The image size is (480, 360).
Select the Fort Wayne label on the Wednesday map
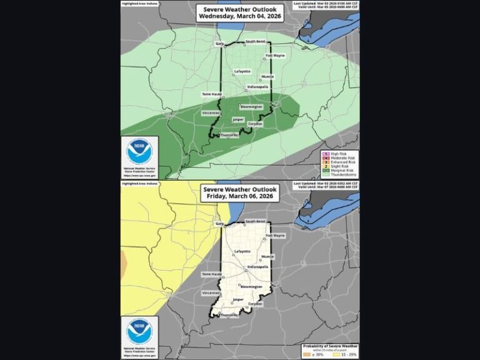tap(275, 56)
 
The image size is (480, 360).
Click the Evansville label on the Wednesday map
tap(229, 135)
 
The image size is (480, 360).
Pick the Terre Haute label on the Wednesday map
tap(212, 94)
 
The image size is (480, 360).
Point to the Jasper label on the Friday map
tap(237, 299)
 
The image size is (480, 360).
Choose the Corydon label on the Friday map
tap(255, 304)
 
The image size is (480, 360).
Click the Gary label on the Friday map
tap(219, 222)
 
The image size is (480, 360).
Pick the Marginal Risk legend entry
tap(341, 171)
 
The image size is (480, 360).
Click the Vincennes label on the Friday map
tap(211, 292)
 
